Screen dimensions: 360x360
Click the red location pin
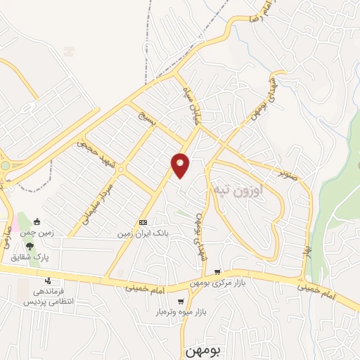point(181,165)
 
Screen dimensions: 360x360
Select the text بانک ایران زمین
point(143,232)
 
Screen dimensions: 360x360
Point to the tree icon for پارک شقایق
point(30,246)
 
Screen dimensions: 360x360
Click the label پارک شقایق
point(31,257)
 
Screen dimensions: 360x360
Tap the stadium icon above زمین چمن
point(37,222)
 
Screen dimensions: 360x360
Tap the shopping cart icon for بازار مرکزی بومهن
point(218,272)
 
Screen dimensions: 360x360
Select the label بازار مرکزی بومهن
point(217,283)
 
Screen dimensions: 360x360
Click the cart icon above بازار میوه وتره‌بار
point(181,301)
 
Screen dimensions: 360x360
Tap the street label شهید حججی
point(87,146)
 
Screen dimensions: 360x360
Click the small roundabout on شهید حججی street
point(120,169)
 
